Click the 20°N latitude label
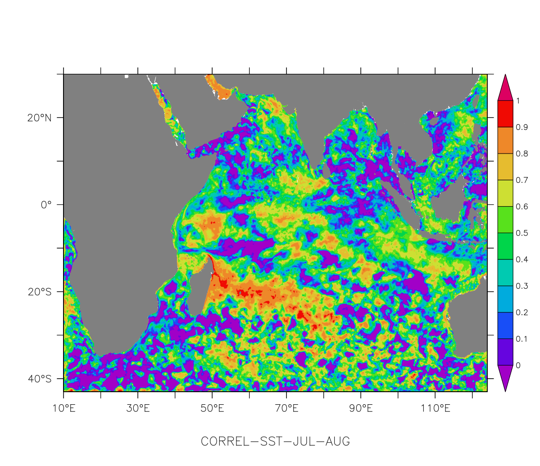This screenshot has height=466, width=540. [x=39, y=118]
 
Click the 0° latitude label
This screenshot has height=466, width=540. [x=46, y=205]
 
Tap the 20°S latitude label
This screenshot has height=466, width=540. [x=39, y=292]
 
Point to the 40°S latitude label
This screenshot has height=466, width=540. [x=39, y=379]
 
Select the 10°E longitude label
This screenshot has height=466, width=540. [x=64, y=408]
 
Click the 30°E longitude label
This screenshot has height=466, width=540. [x=138, y=408]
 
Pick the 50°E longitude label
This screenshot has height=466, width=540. [x=212, y=408]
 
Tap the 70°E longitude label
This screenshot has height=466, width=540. [x=286, y=408]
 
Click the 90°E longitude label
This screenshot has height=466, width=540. [x=361, y=408]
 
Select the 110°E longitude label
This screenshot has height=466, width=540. [x=435, y=408]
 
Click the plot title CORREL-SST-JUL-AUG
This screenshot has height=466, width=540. [x=275, y=441]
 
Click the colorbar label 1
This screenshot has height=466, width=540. [x=518, y=101]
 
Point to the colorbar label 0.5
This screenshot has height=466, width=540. [x=522, y=233]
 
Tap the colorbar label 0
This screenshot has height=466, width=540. [x=518, y=365]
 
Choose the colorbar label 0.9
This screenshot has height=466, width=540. [x=522, y=127]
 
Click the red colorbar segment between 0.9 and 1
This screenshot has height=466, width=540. [x=505, y=114]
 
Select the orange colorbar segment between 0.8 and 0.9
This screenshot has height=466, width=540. [x=505, y=140]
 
